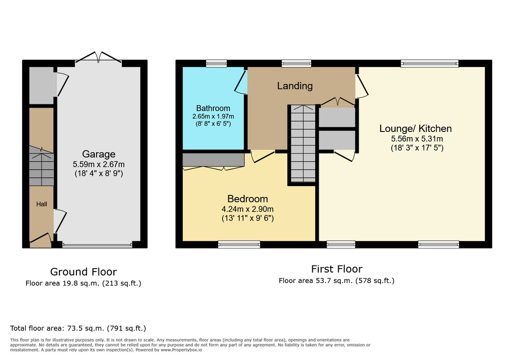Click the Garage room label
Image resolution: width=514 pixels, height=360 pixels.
pos(99,154)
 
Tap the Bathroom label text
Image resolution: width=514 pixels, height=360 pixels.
pos(213,108)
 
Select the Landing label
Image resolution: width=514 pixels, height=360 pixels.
pos(295,86)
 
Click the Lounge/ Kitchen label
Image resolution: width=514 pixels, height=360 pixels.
pos(415,128)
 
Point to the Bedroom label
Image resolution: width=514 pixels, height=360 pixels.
pos(247,199)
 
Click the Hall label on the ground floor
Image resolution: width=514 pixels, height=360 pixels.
pos(41,204)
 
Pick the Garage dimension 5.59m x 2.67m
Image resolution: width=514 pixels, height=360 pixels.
pos(99,164)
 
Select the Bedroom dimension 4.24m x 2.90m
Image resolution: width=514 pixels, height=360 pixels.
pos(247,209)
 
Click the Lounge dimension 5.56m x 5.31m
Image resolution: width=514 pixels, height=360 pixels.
pos(417,139)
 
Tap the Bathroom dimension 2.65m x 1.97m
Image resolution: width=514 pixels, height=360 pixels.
pos(213,116)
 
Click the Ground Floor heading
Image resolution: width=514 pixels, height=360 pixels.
pos(83,271)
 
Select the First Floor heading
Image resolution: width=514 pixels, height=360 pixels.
pos(337,269)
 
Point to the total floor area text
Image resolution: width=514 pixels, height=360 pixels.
pos(78,328)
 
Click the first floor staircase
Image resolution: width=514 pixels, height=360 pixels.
pos(303,143)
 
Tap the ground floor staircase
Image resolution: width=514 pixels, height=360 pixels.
pos(41,166)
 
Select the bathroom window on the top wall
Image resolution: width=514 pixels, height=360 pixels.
pos(216,63)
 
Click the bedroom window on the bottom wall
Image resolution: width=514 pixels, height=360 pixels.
pos(239,244)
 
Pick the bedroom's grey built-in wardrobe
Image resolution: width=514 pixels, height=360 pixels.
pos(213,160)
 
